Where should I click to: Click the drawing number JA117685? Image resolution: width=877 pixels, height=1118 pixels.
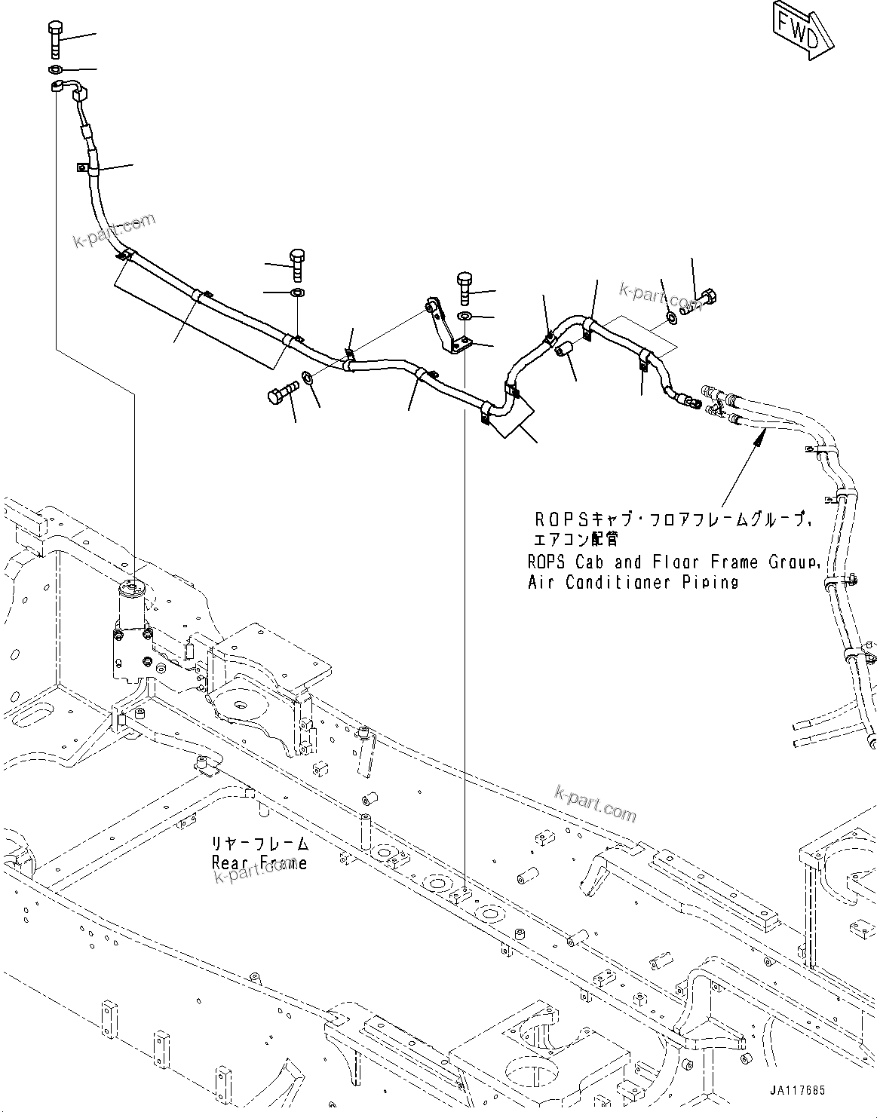[797, 1090]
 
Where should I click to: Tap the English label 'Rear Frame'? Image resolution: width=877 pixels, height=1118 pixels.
[259, 862]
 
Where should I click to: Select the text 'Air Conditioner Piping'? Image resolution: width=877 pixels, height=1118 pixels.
[633, 582]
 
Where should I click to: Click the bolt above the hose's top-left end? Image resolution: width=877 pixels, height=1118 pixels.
[56, 39]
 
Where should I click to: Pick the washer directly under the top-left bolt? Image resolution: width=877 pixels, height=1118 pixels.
[54, 70]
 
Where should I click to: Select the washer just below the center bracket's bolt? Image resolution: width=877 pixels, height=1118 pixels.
[465, 315]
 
